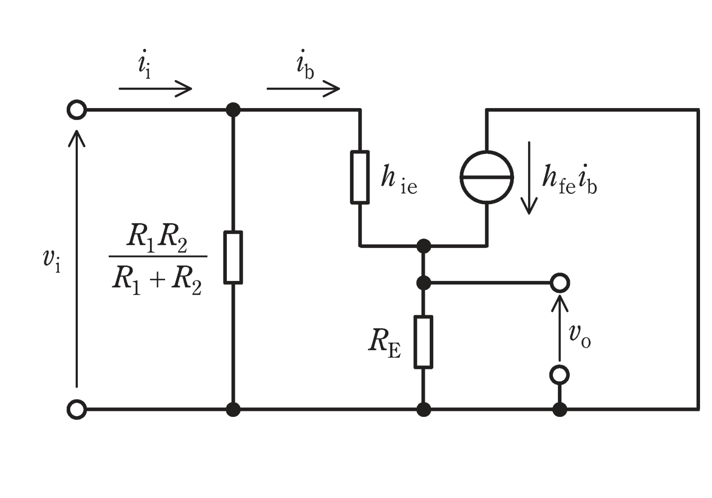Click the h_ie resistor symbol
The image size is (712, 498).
coord(360,177)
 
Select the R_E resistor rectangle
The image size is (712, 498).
coord(423,342)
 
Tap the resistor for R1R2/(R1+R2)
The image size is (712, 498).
coord(233,257)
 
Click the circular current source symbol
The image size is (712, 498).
coord(487,177)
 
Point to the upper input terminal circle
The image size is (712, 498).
coord(77,110)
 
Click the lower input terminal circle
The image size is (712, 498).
coord(77,410)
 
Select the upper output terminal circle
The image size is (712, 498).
coord(560,283)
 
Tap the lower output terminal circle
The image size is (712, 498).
coord(560,375)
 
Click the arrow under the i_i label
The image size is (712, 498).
coord(156,89)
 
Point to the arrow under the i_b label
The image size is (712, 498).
coord(303,89)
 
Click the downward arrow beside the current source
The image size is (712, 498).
coord(529,178)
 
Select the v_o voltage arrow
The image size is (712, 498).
coord(560,328)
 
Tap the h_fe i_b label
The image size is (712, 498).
coord(569,180)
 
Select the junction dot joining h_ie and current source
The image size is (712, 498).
coord(423,246)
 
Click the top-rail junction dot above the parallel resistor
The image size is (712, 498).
coord(233,110)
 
